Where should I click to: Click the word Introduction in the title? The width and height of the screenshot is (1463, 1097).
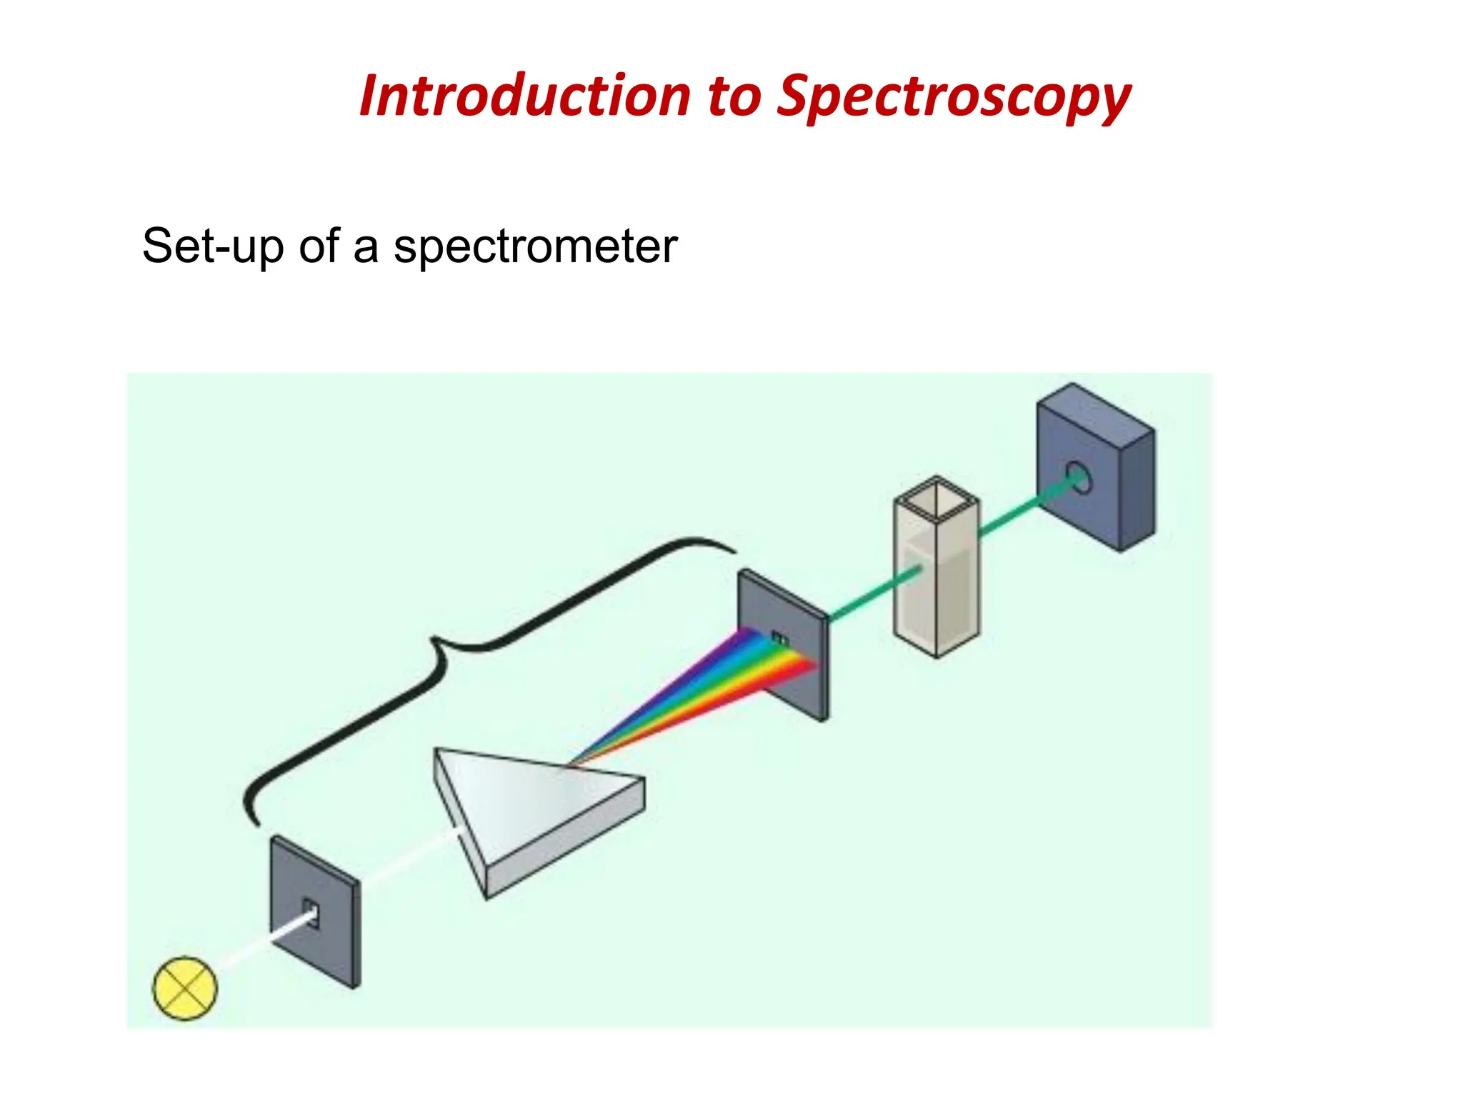pos(525,96)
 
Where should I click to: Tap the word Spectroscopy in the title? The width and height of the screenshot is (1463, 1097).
pos(954,98)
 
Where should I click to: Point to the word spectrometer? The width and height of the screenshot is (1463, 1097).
pos(535,248)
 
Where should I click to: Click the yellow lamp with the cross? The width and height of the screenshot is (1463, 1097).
pos(185,988)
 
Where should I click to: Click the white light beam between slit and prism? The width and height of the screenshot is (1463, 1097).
pos(407,861)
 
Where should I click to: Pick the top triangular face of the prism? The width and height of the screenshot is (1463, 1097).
pos(521,793)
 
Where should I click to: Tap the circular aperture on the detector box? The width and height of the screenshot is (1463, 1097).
pos(1079,476)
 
